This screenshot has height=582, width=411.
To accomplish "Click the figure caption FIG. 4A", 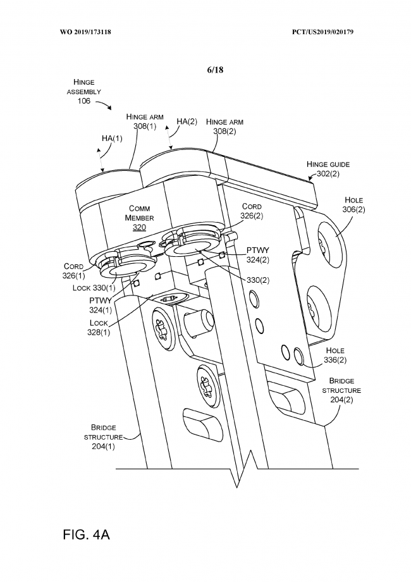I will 87,535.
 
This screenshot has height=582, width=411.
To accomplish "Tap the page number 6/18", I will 215,70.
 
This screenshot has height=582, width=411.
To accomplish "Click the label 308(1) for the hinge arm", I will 145,126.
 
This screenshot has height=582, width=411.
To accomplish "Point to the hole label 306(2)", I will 355,209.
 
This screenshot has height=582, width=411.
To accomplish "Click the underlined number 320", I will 139,226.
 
